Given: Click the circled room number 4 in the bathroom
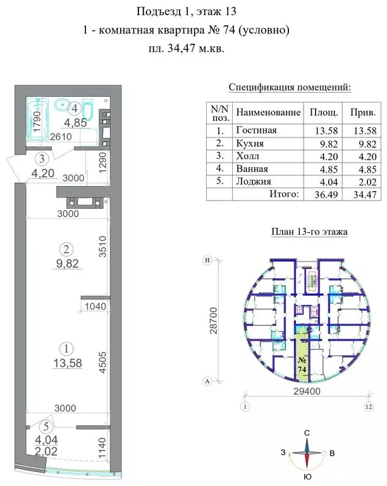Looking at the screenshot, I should tap(75, 106).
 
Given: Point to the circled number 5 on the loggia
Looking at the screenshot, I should tap(41, 425).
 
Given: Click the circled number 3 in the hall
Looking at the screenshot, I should tap(41, 158).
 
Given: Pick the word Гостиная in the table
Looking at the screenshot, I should tap(256, 130).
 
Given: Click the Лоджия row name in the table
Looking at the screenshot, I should tap(253, 182).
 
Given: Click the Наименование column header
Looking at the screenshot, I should tap(267, 112).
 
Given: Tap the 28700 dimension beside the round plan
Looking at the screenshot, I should tap(214, 321).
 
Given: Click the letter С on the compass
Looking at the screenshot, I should tap(307, 433).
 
